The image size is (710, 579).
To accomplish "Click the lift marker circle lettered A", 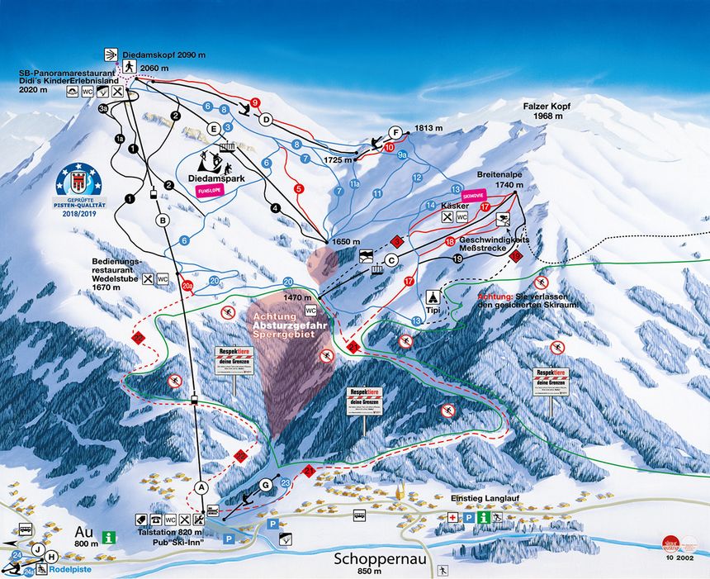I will click(x=200, y=486).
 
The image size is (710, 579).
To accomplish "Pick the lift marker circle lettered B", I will click(x=163, y=221).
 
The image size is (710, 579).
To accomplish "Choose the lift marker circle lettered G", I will click(x=265, y=484).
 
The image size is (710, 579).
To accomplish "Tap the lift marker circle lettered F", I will click(x=395, y=132).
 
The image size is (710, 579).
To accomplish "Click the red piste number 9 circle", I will click(x=255, y=103).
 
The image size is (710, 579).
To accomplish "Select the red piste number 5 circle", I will click(x=299, y=188).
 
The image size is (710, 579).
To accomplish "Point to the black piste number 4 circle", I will click(x=276, y=207).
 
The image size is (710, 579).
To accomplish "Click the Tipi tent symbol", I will click(x=431, y=297).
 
